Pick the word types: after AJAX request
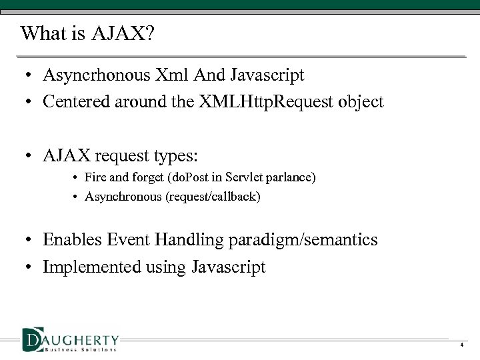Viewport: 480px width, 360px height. coord(174,155)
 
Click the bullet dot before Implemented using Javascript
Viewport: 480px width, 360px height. coord(31,268)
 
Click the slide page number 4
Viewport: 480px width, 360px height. coord(461,345)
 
